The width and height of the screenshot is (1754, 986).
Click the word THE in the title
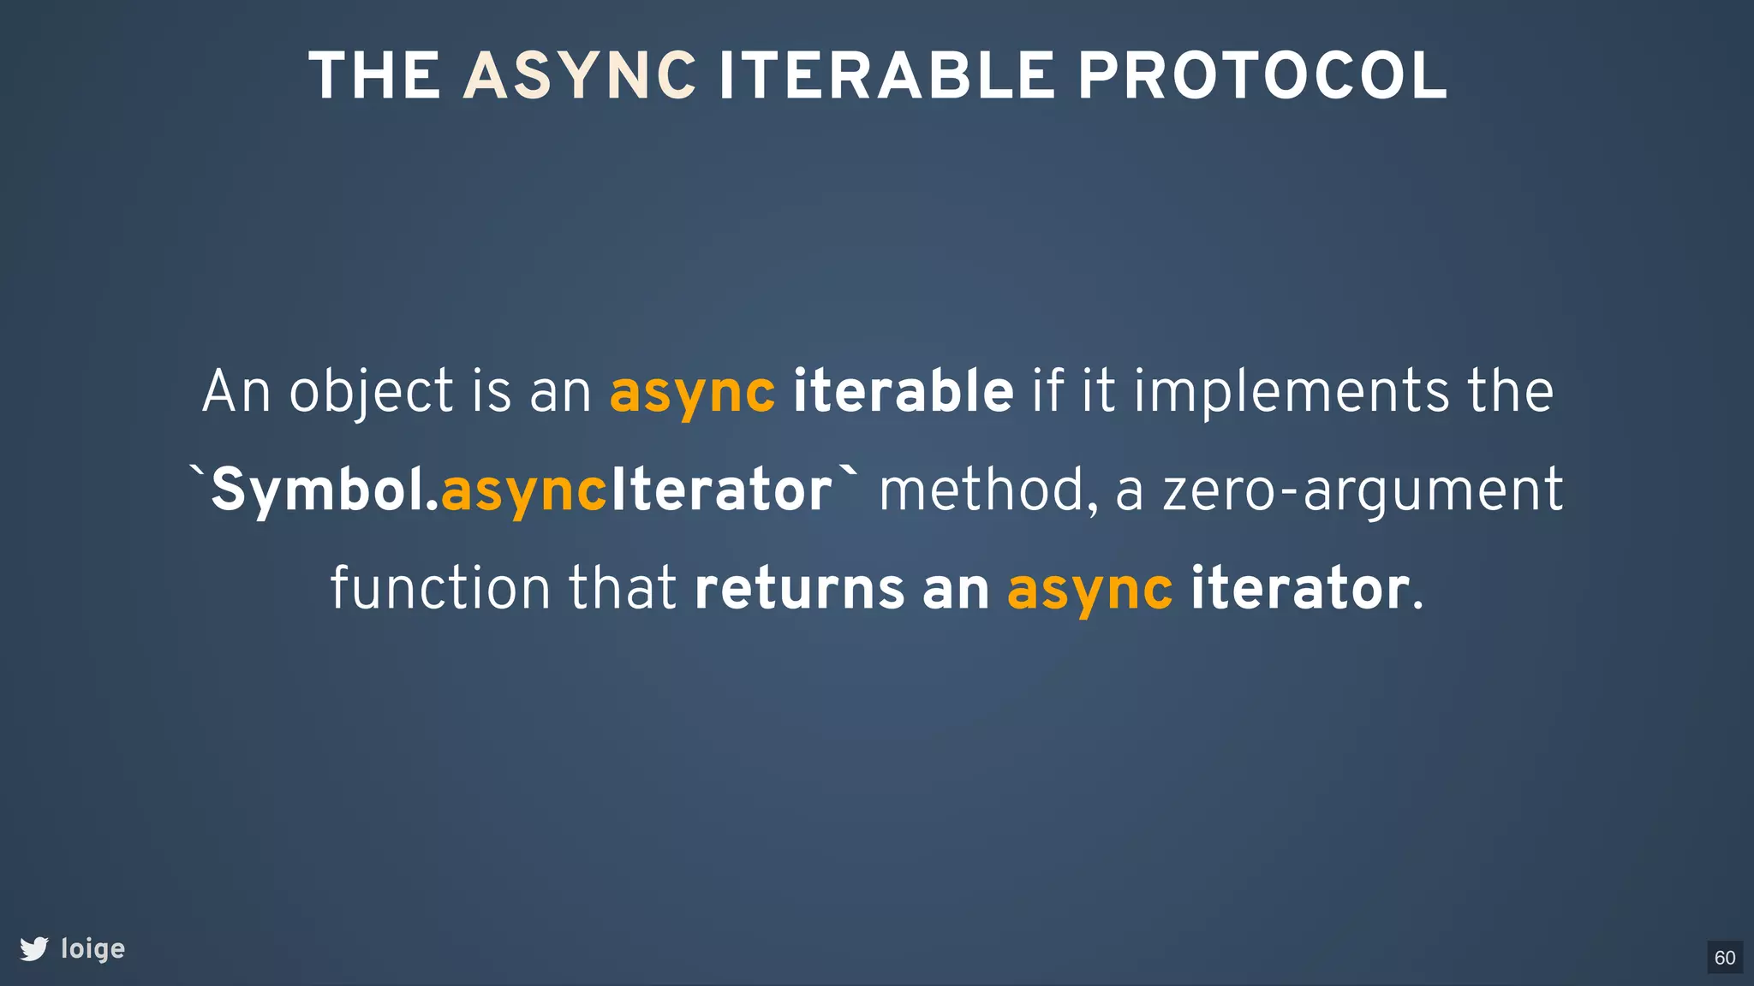[374, 77]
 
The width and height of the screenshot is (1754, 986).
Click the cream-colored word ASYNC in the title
[580, 77]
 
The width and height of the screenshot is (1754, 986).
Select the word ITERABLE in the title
[886, 77]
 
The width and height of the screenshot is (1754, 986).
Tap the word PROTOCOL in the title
[1262, 77]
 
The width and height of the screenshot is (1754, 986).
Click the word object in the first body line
[371, 392]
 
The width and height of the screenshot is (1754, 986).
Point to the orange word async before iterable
[692, 392]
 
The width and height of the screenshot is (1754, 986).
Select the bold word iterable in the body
[903, 392]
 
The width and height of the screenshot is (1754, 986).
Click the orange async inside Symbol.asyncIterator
[524, 491]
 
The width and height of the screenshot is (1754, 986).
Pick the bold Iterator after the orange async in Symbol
[721, 491]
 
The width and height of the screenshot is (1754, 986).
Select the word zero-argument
[1362, 491]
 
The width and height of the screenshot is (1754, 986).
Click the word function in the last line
[440, 589]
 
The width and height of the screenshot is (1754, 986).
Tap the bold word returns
[799, 589]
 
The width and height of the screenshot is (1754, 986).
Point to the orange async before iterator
[1089, 589]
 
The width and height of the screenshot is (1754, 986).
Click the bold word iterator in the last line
[1299, 589]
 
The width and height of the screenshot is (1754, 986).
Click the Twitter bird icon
[34, 948]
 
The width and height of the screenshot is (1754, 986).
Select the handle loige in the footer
[93, 948]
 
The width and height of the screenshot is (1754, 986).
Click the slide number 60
[1725, 958]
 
